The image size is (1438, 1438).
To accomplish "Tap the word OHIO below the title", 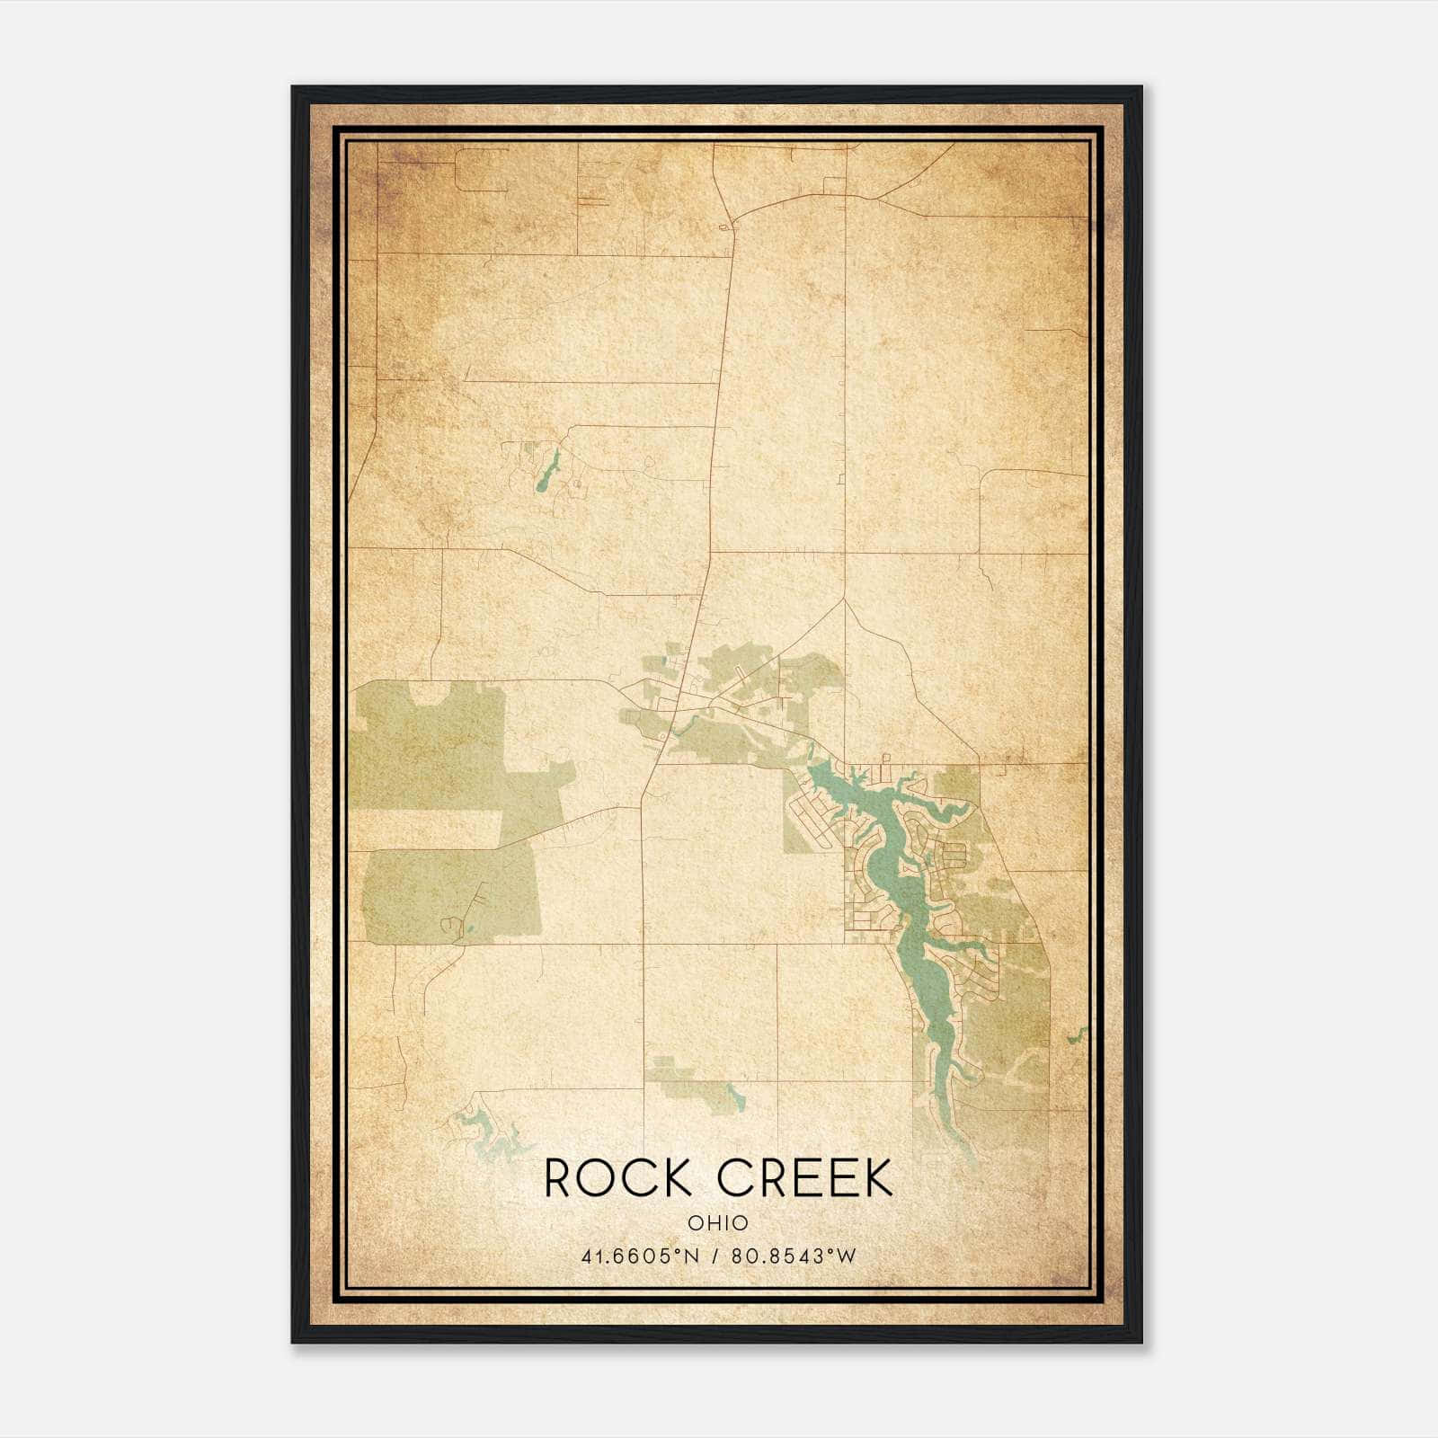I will (x=718, y=1222).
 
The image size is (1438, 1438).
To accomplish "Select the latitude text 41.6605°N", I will (x=640, y=1256).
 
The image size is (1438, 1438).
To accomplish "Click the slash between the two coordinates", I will (x=717, y=1256).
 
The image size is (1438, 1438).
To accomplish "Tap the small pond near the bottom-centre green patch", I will (x=736, y=1097).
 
